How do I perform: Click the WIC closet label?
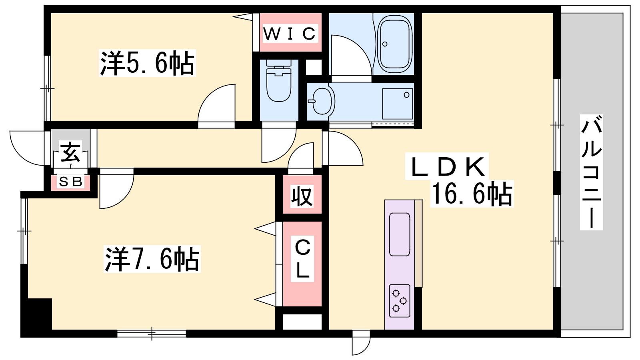pyautogui.click(x=290, y=34)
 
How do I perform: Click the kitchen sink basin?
pyautogui.click(x=400, y=234)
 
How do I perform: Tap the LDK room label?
pyautogui.click(x=447, y=167)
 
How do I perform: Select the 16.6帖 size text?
pyautogui.click(x=472, y=194)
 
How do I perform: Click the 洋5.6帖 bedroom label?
pyautogui.click(x=147, y=63)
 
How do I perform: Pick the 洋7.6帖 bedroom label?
pyautogui.click(x=152, y=259)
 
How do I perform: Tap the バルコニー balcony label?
pyautogui.click(x=591, y=172)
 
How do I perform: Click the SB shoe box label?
pyautogui.click(x=71, y=182)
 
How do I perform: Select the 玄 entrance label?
pyautogui.click(x=71, y=152)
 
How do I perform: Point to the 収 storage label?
pyautogui.click(x=302, y=196)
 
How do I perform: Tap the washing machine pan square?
pyautogui.click(x=398, y=104)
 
